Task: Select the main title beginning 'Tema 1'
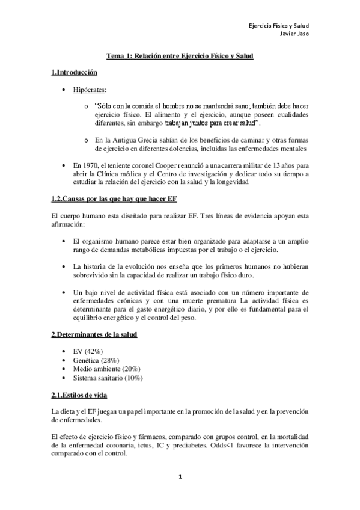(x=180, y=56)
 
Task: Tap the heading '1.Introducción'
(x=75, y=73)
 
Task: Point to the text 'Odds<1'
(x=227, y=446)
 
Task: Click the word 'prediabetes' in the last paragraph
(x=201, y=446)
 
